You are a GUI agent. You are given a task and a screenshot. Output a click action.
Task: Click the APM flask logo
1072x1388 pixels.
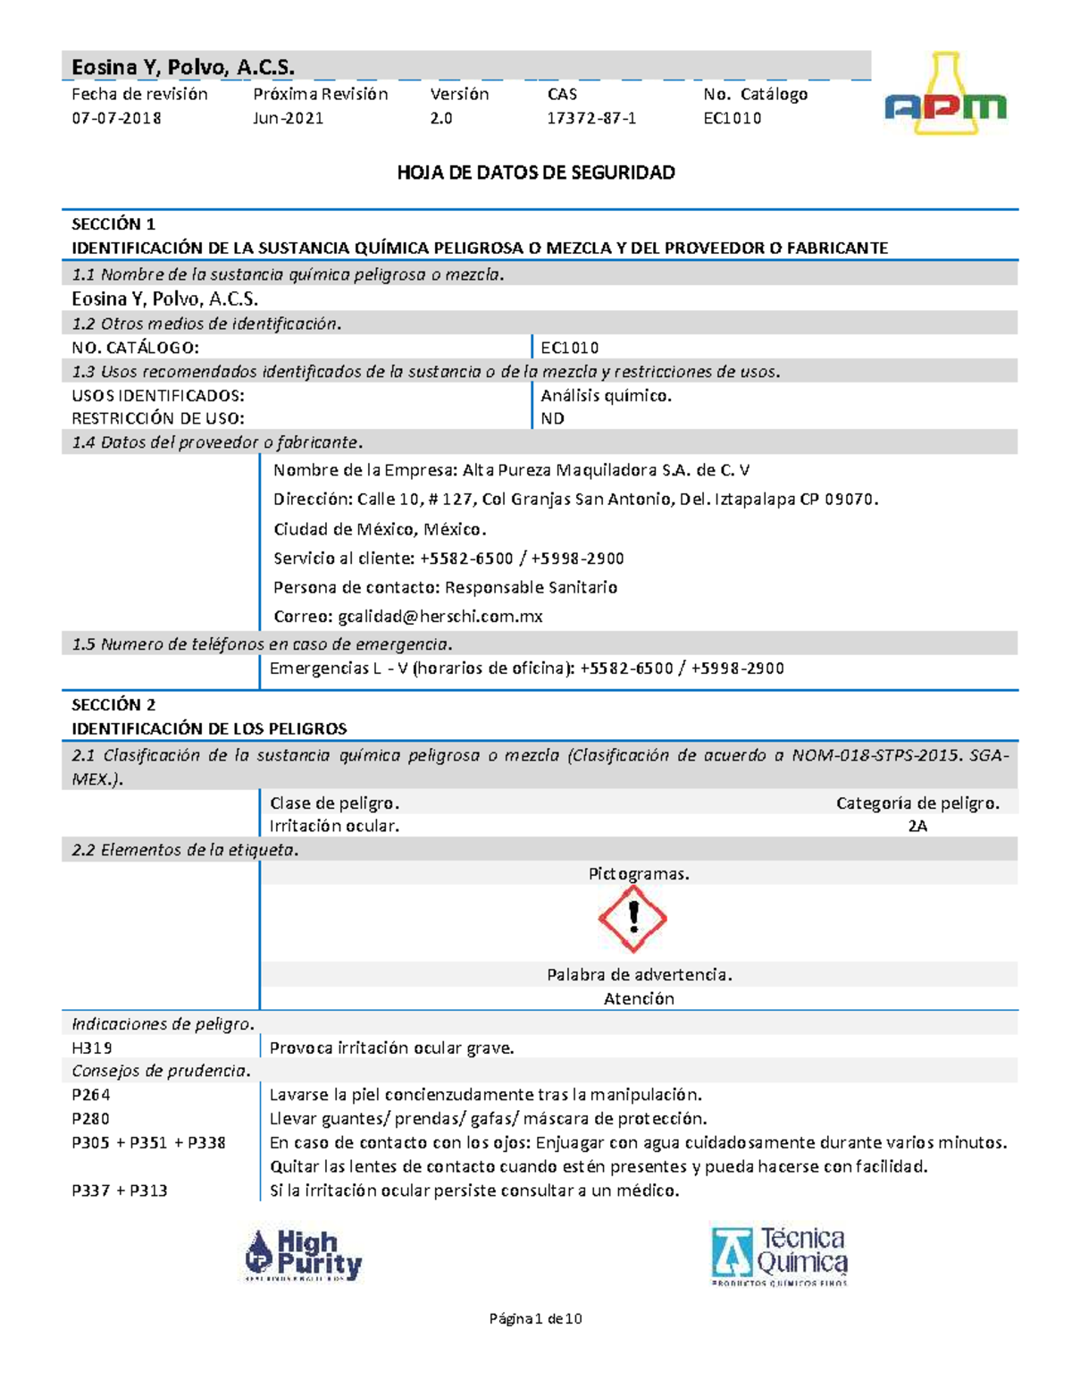(945, 97)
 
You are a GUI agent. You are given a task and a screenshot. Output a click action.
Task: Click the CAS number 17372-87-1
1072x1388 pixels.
(591, 118)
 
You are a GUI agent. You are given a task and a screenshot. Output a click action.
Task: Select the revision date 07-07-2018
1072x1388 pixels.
(116, 118)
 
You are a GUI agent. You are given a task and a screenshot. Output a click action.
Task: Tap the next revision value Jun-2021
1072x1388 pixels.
(289, 118)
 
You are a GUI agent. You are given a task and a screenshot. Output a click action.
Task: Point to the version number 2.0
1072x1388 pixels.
(441, 118)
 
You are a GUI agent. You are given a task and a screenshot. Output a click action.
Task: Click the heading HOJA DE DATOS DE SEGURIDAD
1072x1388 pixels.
(536, 172)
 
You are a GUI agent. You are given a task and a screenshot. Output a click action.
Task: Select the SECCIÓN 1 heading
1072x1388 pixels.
(113, 223)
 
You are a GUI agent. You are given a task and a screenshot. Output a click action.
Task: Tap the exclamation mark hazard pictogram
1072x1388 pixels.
(633, 918)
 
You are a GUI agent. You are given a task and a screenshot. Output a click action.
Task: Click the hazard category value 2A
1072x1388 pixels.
(917, 826)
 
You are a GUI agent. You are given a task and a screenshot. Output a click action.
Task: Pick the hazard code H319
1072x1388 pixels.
(92, 1047)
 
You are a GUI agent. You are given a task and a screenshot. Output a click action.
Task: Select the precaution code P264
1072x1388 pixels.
(91, 1094)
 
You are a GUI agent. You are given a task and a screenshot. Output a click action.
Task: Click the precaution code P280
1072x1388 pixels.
(91, 1118)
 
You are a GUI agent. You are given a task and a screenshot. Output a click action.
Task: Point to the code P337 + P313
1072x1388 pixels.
(120, 1190)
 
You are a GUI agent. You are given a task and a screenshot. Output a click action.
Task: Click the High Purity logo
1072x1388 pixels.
(304, 1255)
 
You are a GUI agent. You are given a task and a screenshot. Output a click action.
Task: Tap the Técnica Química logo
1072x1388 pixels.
(779, 1255)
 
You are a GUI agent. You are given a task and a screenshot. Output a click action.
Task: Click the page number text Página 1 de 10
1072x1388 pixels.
(536, 1318)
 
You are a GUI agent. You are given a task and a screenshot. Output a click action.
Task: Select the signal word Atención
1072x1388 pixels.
(639, 998)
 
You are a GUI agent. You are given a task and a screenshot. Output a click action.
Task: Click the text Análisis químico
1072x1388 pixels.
(606, 395)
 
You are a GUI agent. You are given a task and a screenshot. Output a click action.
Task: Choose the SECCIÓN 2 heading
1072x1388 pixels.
(113, 704)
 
